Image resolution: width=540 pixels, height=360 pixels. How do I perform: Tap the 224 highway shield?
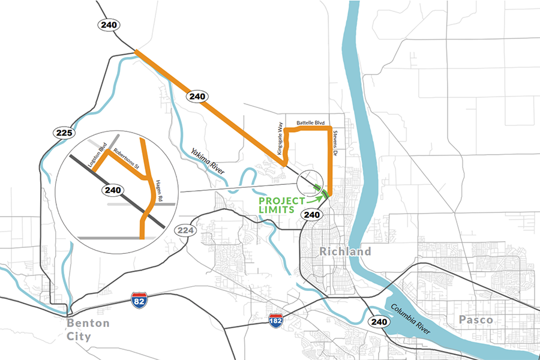coord(183,231)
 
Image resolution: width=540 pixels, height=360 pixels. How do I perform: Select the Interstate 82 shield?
coord(139,298)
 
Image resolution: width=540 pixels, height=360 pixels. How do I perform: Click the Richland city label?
coord(345,251)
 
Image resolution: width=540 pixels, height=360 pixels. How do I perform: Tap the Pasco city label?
coord(476,320)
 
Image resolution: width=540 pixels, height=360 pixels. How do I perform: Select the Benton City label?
coord(88,329)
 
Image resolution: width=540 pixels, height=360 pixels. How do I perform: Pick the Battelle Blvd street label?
coord(310,122)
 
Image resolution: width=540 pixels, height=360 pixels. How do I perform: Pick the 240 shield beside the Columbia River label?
coord(379,322)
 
